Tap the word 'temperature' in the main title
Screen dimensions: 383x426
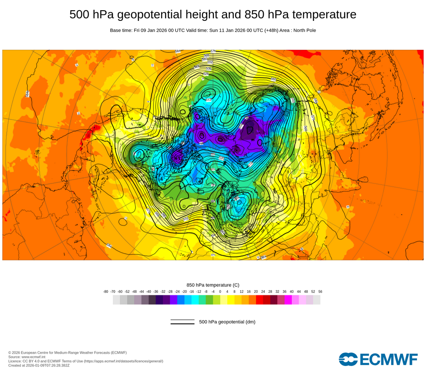coord(322,14)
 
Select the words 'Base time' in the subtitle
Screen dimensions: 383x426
coord(121,30)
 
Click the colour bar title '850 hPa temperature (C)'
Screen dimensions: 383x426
coord(213,285)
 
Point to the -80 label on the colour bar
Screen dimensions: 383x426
coord(106,292)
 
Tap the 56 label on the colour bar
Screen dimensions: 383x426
coord(320,292)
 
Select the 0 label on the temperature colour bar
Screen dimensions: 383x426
coord(220,292)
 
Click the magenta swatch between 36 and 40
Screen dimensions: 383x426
coord(288,300)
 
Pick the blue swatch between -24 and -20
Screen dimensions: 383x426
coord(181,300)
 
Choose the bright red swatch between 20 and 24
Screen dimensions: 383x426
coord(259,300)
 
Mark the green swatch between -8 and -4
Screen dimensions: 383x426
coord(209,300)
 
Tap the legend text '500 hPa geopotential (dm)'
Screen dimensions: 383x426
coord(227,322)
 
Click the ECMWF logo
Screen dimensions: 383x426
coord(378,359)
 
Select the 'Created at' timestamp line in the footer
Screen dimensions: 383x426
coord(39,365)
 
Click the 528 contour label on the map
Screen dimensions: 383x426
coord(206,74)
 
